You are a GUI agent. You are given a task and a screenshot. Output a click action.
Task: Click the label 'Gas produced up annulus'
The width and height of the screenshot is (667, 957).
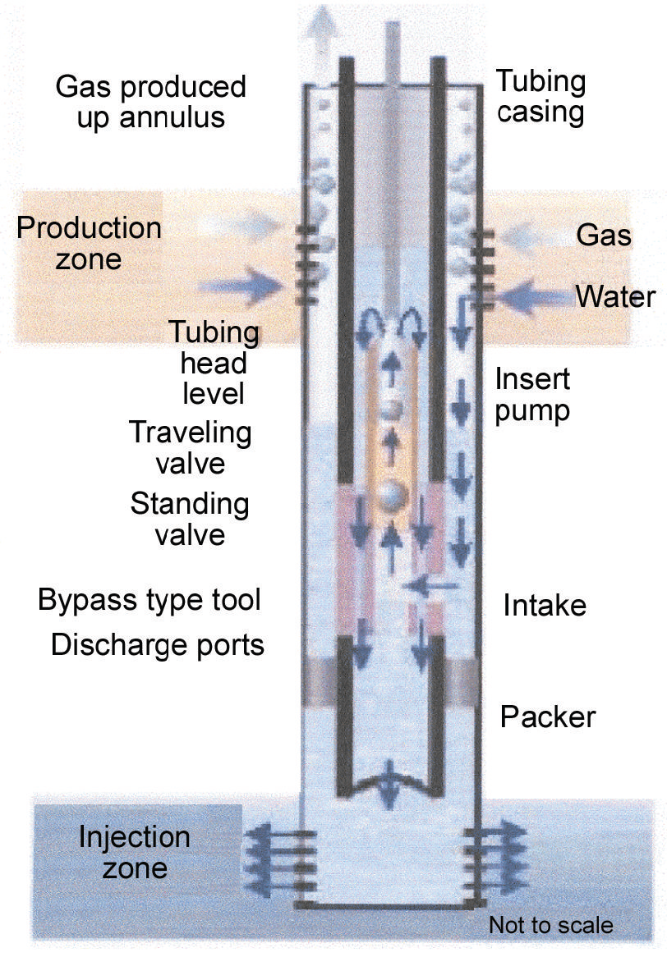(x=150, y=101)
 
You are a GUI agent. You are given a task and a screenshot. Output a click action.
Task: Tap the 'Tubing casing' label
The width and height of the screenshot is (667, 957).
(x=540, y=96)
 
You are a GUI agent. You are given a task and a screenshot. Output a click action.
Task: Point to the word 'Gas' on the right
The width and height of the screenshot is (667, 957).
(x=604, y=236)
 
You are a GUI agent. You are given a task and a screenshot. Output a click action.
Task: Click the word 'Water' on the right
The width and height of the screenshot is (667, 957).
(x=614, y=295)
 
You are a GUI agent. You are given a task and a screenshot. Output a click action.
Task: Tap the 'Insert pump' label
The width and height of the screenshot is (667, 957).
(x=532, y=394)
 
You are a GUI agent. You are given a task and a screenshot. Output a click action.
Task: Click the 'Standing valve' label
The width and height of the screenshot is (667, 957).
(x=189, y=518)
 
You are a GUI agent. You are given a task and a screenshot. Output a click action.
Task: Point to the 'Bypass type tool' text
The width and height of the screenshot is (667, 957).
(x=149, y=600)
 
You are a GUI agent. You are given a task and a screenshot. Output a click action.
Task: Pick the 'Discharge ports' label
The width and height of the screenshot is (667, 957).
(x=157, y=645)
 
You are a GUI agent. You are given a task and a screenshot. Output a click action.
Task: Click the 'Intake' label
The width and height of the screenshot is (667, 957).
(x=545, y=606)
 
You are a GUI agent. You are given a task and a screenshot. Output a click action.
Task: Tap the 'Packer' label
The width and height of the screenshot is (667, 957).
(x=547, y=717)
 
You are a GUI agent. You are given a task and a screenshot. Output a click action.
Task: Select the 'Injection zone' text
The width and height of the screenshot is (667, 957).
(x=134, y=852)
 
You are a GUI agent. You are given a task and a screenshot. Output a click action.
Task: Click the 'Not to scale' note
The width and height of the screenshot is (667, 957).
(x=550, y=925)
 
